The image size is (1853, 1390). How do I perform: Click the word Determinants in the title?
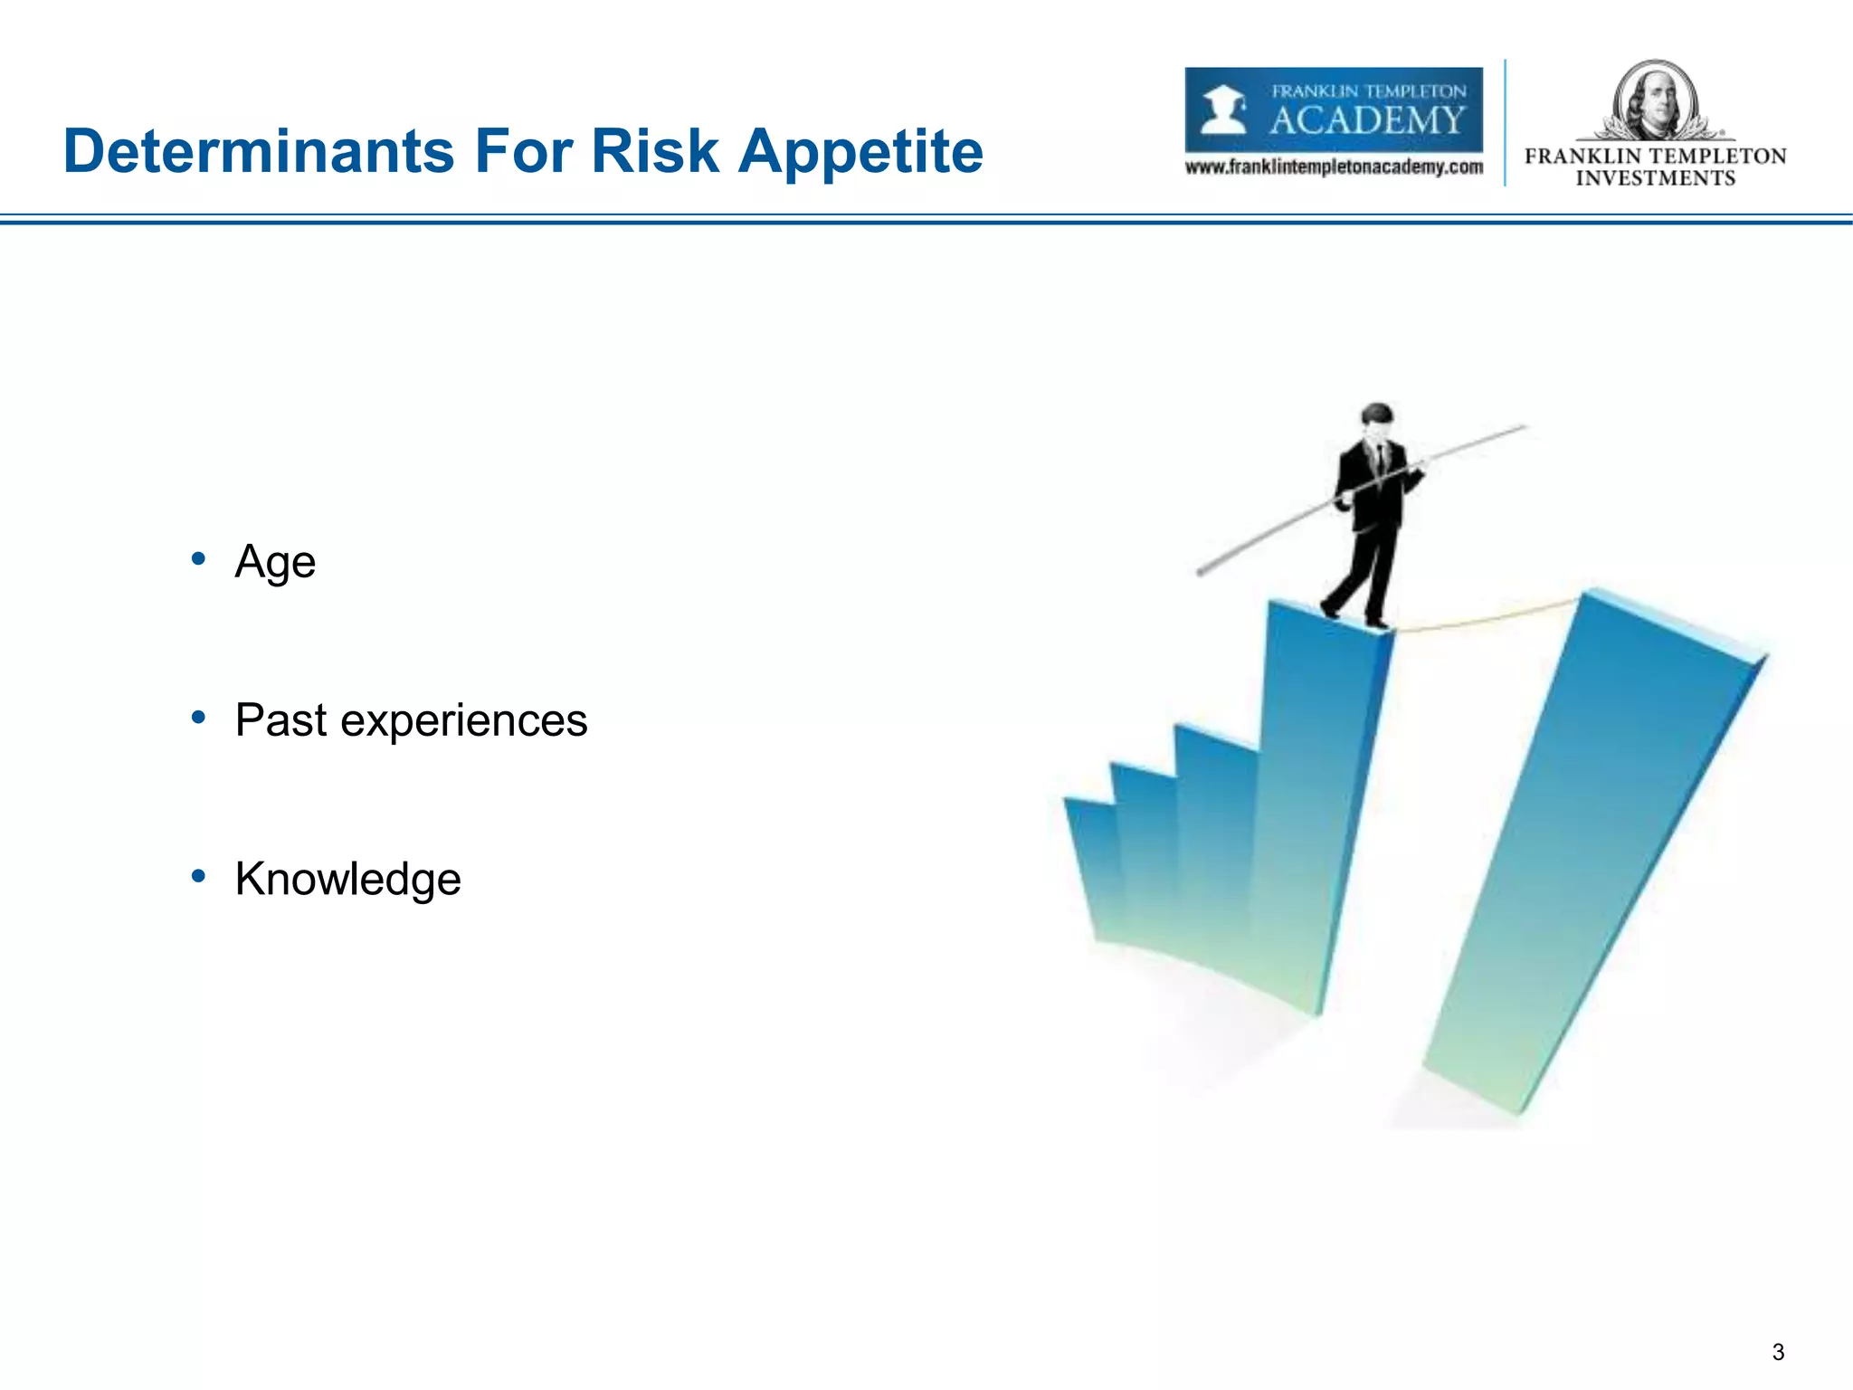[x=259, y=151]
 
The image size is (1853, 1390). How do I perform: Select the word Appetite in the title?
[x=860, y=151]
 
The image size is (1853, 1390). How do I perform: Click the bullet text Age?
[x=275, y=562]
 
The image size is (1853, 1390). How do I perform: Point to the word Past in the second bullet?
[x=280, y=720]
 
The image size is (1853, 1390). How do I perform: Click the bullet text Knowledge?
[x=347, y=879]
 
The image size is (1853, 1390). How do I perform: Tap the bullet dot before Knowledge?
[x=198, y=875]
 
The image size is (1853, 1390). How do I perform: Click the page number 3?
[x=1778, y=1352]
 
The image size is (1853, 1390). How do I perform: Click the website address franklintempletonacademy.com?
[x=1334, y=167]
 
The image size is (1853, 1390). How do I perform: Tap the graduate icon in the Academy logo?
[x=1223, y=109]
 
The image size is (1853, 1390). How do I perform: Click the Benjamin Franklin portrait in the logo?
[x=1655, y=99]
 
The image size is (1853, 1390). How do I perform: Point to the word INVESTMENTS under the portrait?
[x=1655, y=178]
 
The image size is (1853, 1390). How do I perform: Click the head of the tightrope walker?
[x=1377, y=417]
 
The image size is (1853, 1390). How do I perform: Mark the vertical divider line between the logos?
[x=1505, y=122]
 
